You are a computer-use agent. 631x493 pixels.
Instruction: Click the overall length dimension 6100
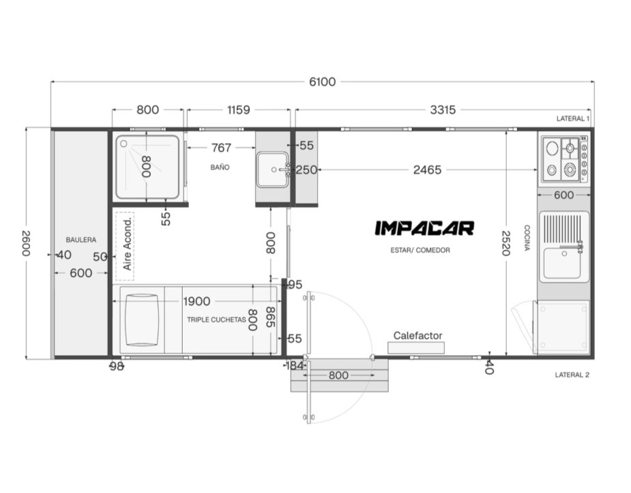[322, 82]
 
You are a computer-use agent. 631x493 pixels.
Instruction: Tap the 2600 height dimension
[26, 243]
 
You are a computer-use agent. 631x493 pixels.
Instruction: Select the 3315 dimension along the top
[443, 109]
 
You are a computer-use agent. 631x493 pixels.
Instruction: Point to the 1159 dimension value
[238, 109]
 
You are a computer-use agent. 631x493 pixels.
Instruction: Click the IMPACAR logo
[424, 228]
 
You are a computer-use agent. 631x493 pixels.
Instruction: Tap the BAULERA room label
[81, 240]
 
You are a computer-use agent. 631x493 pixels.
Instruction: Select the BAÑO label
[220, 167]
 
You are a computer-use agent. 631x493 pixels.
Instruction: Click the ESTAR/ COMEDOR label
[420, 250]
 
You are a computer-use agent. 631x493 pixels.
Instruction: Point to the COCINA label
[527, 238]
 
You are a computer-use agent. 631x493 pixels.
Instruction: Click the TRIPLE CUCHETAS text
[216, 320]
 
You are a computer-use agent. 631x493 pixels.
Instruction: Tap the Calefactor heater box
[416, 348]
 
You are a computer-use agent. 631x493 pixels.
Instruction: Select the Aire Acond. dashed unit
[125, 246]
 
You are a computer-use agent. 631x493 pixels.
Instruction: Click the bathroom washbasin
[273, 169]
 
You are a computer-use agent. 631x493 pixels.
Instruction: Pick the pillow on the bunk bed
[141, 320]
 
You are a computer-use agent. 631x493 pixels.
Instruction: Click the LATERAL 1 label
[572, 118]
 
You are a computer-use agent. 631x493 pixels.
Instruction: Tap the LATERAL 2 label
[572, 375]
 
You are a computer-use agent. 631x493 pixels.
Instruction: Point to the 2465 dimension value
[427, 169]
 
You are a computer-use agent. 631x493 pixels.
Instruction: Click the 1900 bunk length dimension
[196, 301]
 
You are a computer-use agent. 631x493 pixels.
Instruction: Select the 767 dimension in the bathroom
[221, 147]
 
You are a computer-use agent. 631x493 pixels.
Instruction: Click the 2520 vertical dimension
[506, 243]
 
